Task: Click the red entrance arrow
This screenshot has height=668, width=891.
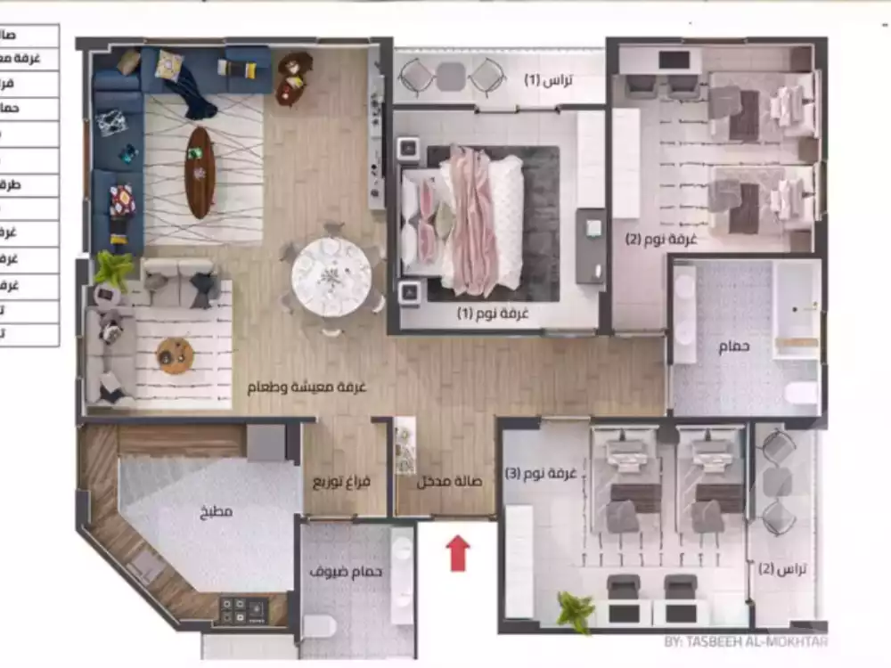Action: click(x=458, y=552)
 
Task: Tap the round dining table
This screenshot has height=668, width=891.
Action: click(x=331, y=276)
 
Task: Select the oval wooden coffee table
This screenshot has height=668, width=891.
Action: click(x=200, y=172)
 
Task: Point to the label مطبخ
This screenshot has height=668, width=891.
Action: click(x=216, y=512)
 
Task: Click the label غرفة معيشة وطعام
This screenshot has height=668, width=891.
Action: click(x=307, y=388)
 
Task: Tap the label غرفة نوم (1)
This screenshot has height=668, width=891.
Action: click(x=493, y=314)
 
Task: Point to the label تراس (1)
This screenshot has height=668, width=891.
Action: click(x=548, y=80)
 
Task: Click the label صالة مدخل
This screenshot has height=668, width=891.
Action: click(x=450, y=482)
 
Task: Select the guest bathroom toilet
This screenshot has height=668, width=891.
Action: click(x=320, y=626)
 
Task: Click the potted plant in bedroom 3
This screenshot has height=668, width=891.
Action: click(x=575, y=613)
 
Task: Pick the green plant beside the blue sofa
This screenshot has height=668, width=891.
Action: click(x=114, y=268)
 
